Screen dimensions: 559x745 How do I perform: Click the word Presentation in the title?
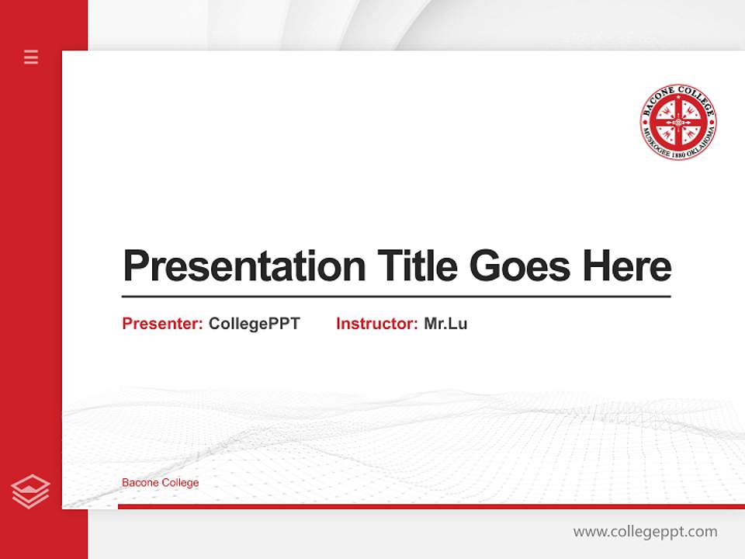tap(244, 266)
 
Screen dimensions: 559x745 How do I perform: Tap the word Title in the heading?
tap(418, 266)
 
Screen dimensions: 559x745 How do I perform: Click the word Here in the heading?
tap(626, 266)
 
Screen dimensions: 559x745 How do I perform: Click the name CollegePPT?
tap(254, 324)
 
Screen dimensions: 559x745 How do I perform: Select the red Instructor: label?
tap(377, 324)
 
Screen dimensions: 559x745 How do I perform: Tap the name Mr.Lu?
tap(445, 324)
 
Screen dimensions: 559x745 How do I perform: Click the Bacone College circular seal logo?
tap(677, 123)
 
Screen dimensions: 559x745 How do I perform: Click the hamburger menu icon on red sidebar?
tap(31, 57)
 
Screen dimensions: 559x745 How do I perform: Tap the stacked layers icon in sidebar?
tap(31, 491)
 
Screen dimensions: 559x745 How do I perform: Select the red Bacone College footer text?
tap(160, 483)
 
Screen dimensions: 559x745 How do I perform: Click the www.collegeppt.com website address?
tap(645, 532)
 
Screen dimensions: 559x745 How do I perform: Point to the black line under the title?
tap(396, 296)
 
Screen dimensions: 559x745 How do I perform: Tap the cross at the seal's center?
tap(677, 123)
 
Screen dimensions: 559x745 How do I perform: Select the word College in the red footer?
tap(179, 483)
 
